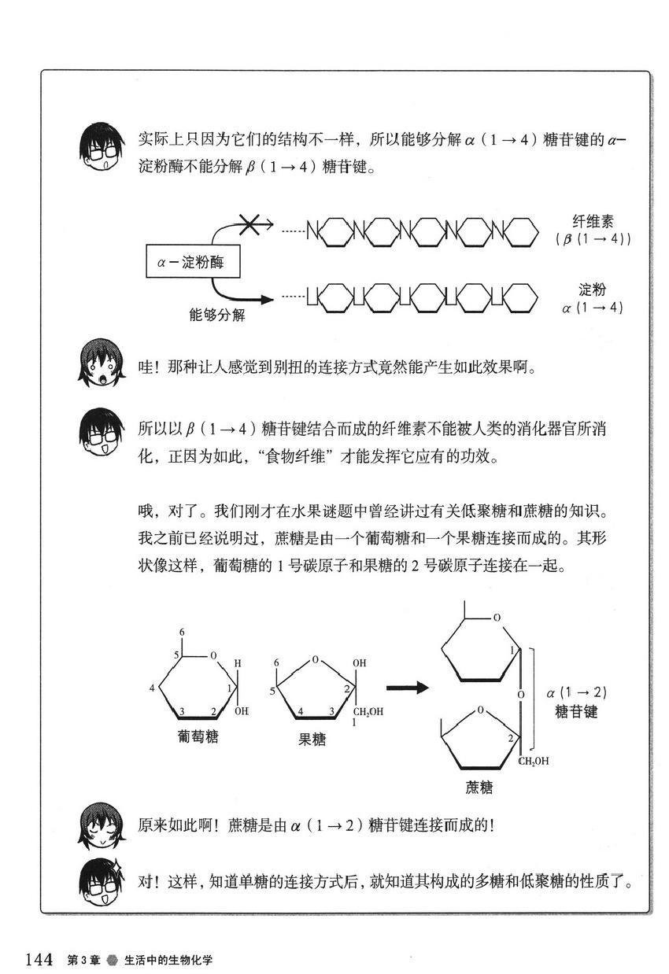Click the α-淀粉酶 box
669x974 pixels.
coord(192,262)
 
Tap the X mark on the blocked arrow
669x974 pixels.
coord(250,225)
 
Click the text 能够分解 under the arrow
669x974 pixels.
coord(217,315)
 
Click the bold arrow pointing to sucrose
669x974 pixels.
coord(407,688)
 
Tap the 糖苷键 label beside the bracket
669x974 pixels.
coord(576,711)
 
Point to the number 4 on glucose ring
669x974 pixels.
coord(152,688)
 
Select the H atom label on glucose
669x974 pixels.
coord(237,662)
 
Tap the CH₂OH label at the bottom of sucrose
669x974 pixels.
coord(533,761)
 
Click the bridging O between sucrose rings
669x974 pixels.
coord(520,696)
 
